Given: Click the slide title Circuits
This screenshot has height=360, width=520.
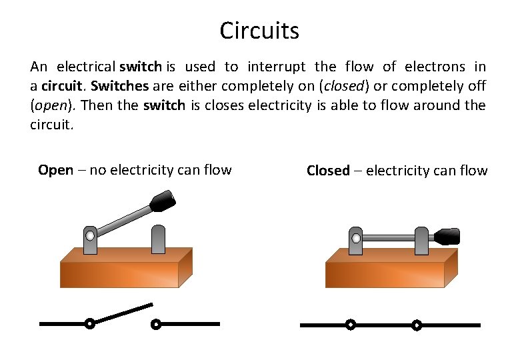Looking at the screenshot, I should click(x=259, y=30).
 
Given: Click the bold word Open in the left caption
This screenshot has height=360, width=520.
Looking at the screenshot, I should click(x=55, y=170).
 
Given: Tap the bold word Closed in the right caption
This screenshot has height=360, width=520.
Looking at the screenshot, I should click(x=328, y=171).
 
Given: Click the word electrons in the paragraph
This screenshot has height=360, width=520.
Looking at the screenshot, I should click(x=434, y=67).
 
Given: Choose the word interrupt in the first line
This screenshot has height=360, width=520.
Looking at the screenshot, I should click(x=277, y=67).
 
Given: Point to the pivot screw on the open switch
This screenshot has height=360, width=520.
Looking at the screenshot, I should click(x=90, y=235).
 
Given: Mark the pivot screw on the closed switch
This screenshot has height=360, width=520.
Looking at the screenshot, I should click(x=356, y=238).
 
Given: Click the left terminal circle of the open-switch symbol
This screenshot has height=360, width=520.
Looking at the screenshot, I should click(x=89, y=324).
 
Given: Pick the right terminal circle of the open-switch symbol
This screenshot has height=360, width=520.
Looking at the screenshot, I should click(x=155, y=325).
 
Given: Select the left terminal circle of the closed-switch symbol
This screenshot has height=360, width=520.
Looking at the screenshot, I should click(x=350, y=325).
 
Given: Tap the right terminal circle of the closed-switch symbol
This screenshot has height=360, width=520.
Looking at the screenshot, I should click(x=417, y=325).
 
